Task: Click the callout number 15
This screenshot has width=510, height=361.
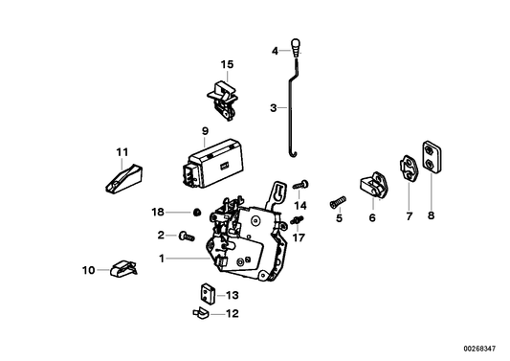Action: (227, 64)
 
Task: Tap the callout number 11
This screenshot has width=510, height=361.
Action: (122, 150)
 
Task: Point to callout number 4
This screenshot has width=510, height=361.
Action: (274, 51)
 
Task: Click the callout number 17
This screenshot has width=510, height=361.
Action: (299, 237)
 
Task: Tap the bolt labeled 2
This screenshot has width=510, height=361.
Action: (185, 234)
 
